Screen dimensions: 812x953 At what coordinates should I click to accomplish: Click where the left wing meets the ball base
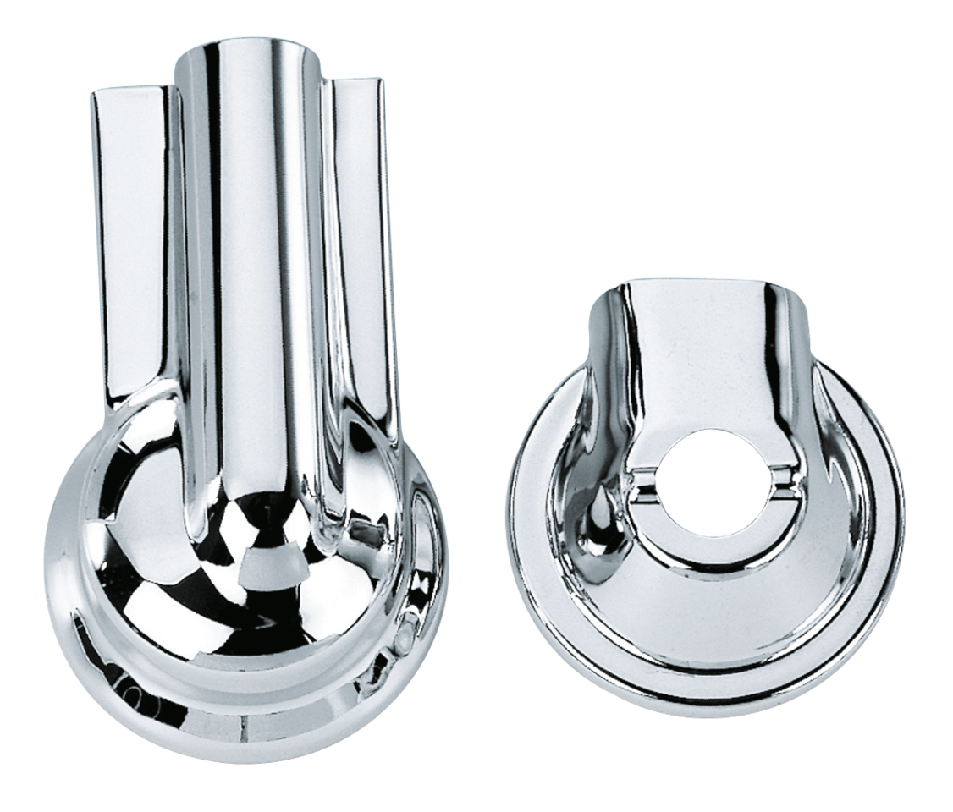point(140,423)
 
